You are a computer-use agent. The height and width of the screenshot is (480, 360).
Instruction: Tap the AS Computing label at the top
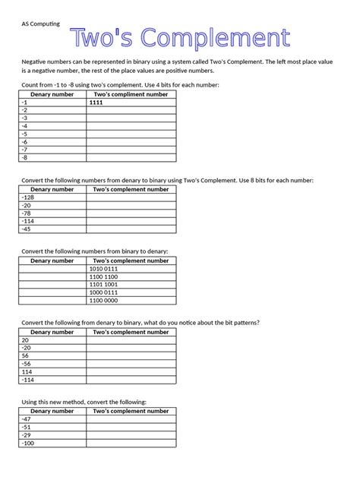[x=39, y=23]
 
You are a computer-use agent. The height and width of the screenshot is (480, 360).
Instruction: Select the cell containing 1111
[x=96, y=102]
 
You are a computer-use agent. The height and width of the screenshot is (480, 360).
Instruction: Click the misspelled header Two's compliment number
[x=131, y=94]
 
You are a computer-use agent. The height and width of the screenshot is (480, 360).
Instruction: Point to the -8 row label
[x=24, y=158]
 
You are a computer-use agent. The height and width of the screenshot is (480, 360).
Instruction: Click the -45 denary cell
[x=26, y=229]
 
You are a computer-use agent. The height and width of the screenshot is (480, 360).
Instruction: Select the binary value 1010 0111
[x=104, y=268]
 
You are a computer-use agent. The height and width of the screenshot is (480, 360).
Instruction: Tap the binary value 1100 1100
[x=104, y=276]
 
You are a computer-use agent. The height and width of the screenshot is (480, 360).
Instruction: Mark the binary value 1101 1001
[x=104, y=284]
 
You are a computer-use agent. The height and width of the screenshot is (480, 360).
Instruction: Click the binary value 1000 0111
[x=104, y=292]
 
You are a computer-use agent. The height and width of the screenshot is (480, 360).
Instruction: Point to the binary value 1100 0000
[x=104, y=300]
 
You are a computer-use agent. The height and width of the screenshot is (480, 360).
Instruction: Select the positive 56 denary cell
[x=25, y=355]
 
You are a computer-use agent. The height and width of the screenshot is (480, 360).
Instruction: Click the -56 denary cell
[x=26, y=364]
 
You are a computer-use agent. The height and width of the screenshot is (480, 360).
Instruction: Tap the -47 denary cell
[x=26, y=418]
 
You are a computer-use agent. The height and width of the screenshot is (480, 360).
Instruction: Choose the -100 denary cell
[x=27, y=443]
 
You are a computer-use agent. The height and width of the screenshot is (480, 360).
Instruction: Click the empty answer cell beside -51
[x=131, y=427]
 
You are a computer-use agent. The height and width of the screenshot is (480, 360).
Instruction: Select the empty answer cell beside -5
[x=131, y=134]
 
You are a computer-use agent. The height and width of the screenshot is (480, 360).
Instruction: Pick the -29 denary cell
[x=26, y=434]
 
